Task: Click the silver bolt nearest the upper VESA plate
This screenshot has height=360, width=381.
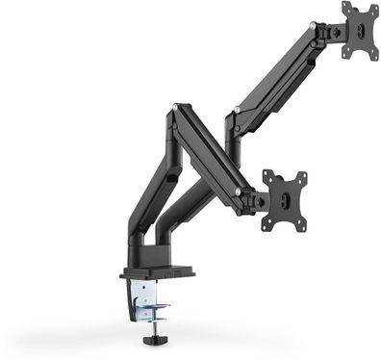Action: click(x=312, y=27)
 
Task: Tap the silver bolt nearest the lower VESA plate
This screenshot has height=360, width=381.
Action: click(x=238, y=193)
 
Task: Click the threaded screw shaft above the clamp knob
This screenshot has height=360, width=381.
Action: click(x=155, y=322)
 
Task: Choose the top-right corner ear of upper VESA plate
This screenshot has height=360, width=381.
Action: click(x=374, y=7)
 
